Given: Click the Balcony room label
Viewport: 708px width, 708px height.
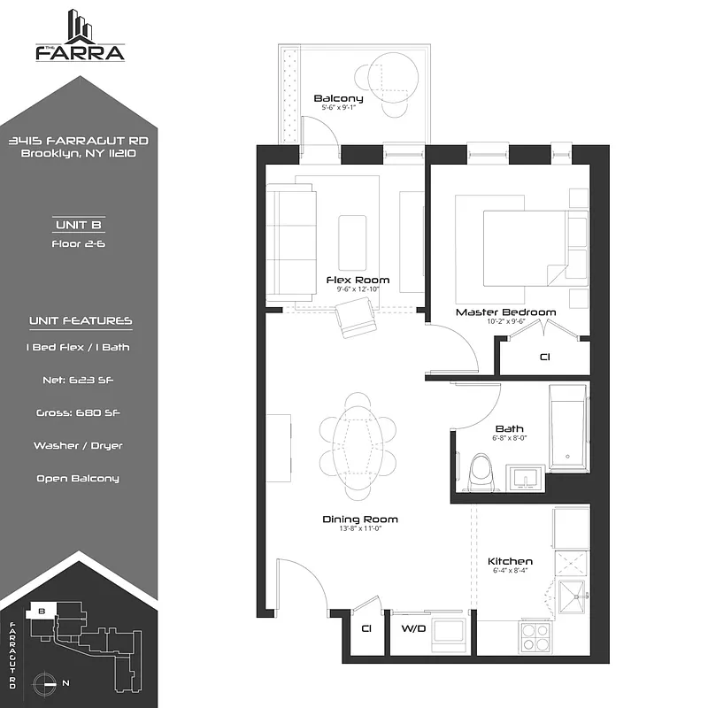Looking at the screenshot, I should pos(338,98).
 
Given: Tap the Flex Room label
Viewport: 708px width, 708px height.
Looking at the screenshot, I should pos(363,281).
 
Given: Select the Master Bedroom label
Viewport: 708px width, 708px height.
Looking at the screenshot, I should pos(505,312).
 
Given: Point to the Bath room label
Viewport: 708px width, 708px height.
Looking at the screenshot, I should pos(509,428).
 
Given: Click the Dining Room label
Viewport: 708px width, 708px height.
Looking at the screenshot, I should pos(359,519).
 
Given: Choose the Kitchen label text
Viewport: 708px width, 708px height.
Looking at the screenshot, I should pos(511,561).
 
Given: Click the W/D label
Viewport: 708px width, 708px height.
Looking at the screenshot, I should pos(413,629).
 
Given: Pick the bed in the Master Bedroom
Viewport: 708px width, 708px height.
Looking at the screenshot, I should pos(524,247).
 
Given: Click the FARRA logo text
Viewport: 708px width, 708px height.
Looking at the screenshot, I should pos(80,51).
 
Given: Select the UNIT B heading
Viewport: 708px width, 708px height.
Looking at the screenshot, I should pos(80,225).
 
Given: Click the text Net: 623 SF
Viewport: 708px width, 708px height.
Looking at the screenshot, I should pos(80,380).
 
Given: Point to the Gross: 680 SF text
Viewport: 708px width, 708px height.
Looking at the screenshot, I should pos(80,412).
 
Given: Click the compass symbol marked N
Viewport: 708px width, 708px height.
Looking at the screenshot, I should pos(47,682).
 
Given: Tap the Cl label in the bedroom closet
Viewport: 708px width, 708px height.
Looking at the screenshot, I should pos(544,358).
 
